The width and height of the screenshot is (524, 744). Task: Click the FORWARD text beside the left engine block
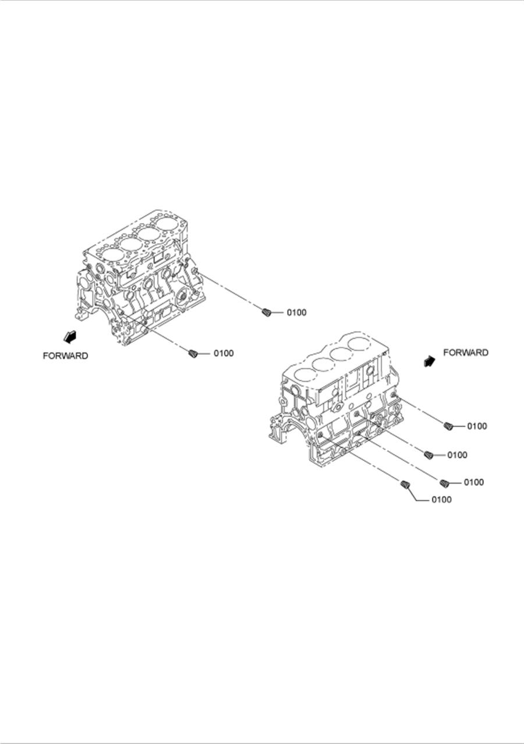pyautogui.click(x=65, y=355)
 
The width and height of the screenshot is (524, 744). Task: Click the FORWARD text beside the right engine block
pyautogui.click(x=466, y=352)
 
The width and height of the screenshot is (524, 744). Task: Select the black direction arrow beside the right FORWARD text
pyautogui.click(x=430, y=361)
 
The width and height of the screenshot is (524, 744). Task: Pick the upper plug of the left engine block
pyautogui.click(x=267, y=312)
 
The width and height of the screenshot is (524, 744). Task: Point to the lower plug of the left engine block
pyautogui.click(x=194, y=353)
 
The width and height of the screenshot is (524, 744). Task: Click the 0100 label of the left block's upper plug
pyautogui.click(x=296, y=313)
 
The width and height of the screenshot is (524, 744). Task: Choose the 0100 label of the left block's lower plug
pyautogui.click(x=224, y=353)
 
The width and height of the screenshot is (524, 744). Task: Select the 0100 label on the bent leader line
pyautogui.click(x=441, y=499)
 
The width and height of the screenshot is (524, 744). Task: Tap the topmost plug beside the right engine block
pyautogui.click(x=448, y=426)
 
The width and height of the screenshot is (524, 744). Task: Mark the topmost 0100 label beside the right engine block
pyautogui.click(x=477, y=426)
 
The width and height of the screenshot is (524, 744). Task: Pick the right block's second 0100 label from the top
pyautogui.click(x=457, y=455)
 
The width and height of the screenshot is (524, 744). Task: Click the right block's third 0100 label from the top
pyautogui.click(x=473, y=482)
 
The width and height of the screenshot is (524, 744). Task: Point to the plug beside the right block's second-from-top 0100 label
pyautogui.click(x=429, y=454)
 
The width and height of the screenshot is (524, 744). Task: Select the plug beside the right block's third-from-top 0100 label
pyautogui.click(x=444, y=482)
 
